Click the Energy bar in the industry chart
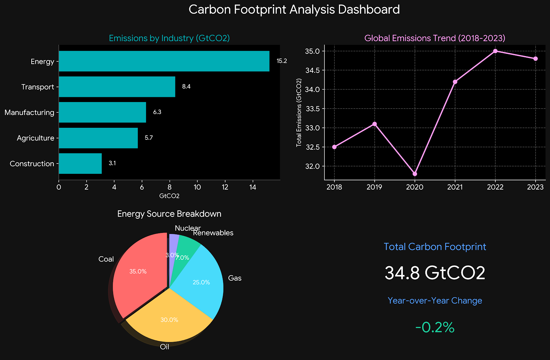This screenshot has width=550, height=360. [164, 61]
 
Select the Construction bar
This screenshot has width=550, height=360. [80, 164]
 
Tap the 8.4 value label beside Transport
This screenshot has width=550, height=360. [186, 87]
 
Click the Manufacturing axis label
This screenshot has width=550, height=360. [30, 112]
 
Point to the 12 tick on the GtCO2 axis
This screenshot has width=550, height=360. [225, 187]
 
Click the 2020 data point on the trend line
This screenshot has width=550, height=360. [415, 174]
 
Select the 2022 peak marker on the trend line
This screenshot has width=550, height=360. [495, 51]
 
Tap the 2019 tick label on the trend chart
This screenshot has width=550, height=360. [375, 187]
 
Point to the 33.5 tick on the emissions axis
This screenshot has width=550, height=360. [313, 109]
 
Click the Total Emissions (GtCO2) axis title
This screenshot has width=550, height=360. [299, 113]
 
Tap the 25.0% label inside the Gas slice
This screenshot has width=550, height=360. [201, 282]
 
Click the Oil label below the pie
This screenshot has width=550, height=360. [165, 347]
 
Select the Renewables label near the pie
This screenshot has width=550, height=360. [213, 233]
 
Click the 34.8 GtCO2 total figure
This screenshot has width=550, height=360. [435, 273]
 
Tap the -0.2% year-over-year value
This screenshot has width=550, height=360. [435, 328]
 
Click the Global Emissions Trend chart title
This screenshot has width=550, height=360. [435, 38]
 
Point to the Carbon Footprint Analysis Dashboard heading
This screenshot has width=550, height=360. [294, 9]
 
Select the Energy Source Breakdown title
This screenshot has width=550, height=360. [169, 214]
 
